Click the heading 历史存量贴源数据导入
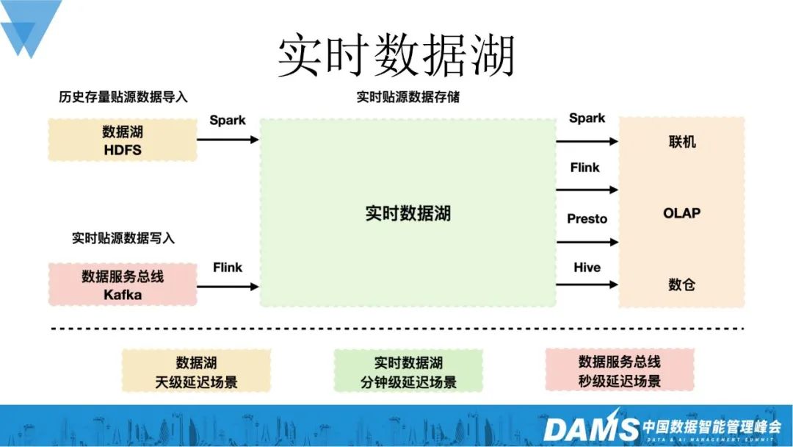pos(123,96)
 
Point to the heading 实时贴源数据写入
pos(123,238)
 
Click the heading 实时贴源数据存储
pos(408,96)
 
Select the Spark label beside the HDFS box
pos(228,120)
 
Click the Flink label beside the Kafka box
pos(228,267)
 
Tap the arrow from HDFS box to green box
pos(228,139)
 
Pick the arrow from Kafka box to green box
pos(228,286)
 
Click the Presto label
pos(587,218)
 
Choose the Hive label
pos(587,267)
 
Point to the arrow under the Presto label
pos(587,241)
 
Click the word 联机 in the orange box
pos(681,142)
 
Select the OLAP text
pos(681,213)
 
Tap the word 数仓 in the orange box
pos(681,285)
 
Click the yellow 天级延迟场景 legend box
pos(196,371)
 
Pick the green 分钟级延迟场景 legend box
pos(408,371)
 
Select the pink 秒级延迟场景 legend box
pos(620,371)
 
